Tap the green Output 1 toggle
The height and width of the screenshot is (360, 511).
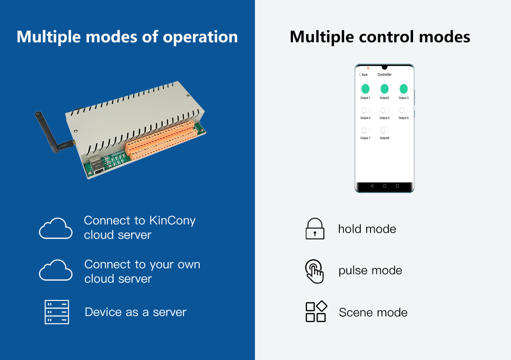point(365,89)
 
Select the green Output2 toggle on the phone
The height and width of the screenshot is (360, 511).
point(385,89)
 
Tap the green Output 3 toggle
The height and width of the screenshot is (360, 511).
point(404,89)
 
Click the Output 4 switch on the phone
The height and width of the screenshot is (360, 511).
point(365,111)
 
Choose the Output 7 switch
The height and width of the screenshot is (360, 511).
point(365,131)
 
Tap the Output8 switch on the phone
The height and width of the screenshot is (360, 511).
point(385,131)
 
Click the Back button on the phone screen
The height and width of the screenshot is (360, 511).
point(363,75)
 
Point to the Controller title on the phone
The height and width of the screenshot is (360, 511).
point(385,75)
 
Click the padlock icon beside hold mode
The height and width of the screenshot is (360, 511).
point(315,229)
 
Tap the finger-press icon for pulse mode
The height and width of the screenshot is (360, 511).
point(315,271)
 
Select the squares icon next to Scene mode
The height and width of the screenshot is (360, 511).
point(316,312)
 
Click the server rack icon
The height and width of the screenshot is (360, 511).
point(57,312)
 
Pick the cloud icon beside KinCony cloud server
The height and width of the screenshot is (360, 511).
point(56,228)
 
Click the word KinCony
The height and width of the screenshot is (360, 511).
point(172,221)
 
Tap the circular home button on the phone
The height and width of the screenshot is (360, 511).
point(385,186)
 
